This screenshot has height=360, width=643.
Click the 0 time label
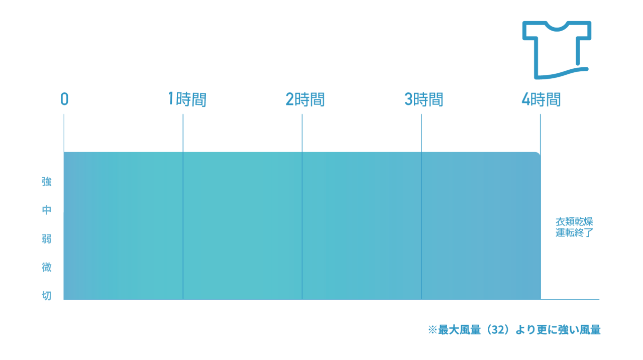coord(65,99)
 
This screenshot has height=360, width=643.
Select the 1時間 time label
coord(187,99)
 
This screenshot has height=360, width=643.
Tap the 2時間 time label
coord(305,99)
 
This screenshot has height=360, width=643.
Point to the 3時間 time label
coord(423,99)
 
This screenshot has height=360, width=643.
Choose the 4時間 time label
coord(541,99)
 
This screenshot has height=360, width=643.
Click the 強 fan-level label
coord(47,181)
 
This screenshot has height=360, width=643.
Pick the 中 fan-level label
coord(47,210)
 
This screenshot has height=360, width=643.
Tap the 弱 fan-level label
coord(47,238)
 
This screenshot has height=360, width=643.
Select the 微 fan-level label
coord(47,267)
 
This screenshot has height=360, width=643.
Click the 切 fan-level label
coord(47,295)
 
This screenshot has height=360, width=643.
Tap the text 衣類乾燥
coord(574,222)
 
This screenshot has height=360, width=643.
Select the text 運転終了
coord(574,232)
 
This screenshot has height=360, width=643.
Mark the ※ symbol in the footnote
coord(433,330)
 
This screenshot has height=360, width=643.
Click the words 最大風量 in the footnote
coord(459,330)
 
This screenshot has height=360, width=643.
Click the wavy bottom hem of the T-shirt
coord(561,73)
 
